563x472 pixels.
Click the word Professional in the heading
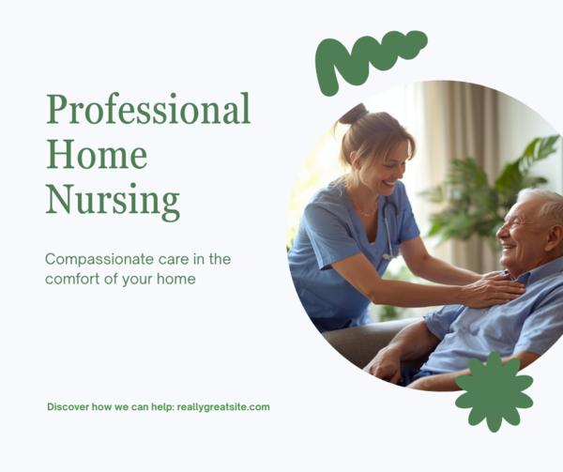148,111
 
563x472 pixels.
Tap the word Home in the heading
97,154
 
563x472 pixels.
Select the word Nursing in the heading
113,200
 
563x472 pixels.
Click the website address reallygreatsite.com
222,407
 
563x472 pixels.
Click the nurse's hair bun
354,114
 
